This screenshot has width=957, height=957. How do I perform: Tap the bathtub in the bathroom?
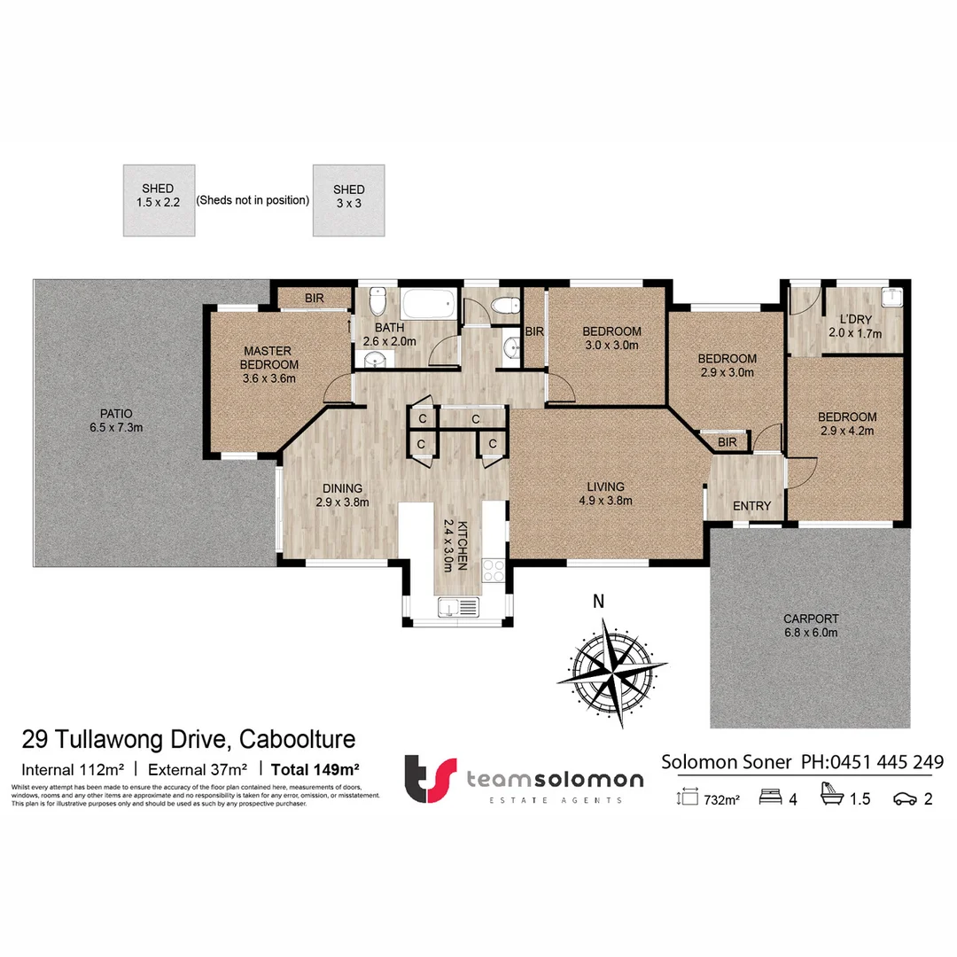tap(429, 306)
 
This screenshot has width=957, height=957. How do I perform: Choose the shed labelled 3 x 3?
tap(348, 201)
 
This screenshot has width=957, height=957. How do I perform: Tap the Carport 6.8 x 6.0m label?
tap(810, 626)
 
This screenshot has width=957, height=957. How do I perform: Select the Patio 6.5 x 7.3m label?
tap(110, 420)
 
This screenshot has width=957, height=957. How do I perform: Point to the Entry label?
tap(751, 506)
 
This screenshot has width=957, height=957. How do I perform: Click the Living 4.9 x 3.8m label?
tap(605, 494)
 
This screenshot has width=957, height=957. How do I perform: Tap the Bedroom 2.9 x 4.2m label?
tap(846, 424)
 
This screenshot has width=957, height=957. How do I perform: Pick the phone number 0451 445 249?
tap(888, 762)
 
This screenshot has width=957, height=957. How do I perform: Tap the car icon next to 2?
tap(904, 799)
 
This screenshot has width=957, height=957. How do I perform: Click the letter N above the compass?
tap(599, 601)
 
